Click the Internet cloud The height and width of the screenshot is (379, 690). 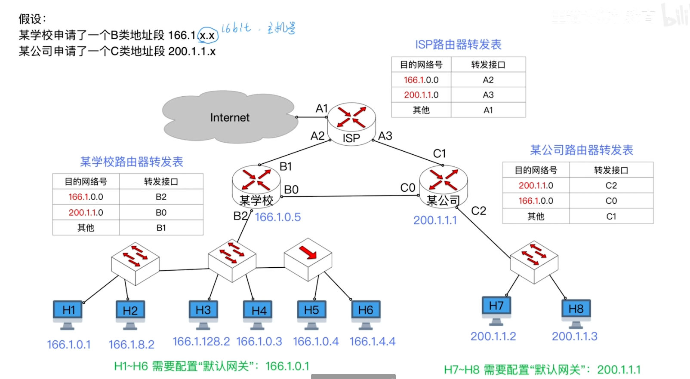point(230,117)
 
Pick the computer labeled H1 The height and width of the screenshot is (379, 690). point(68,314)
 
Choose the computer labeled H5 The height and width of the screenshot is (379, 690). point(311,314)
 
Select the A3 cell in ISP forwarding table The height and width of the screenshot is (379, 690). point(488,95)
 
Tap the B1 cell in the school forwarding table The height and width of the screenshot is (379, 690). point(161,228)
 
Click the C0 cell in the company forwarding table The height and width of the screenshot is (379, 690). point(611,201)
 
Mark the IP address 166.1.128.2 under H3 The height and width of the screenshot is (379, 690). point(201,342)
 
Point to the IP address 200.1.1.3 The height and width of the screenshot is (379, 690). point(574,336)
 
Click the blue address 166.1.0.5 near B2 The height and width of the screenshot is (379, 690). point(277,217)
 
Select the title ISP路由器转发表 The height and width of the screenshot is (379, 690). point(458,45)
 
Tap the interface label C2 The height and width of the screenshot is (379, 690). point(478,211)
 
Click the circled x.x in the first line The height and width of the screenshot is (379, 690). point(207,35)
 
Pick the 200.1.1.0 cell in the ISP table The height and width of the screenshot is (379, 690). point(421,95)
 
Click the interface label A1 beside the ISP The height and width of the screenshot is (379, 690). point(322,108)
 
